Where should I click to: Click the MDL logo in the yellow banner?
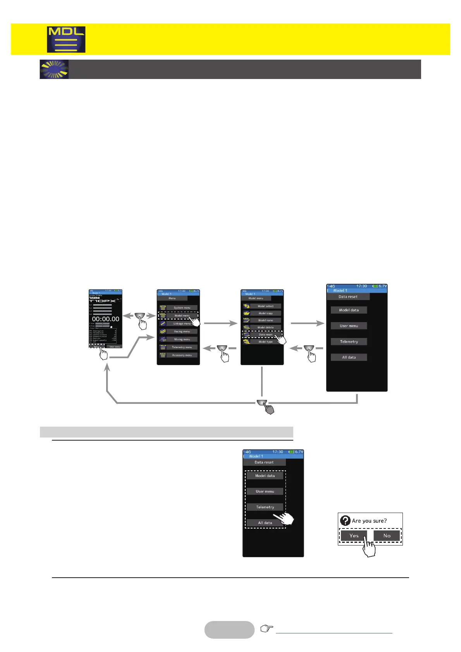[x=66, y=39]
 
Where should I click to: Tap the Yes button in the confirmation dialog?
[x=354, y=535]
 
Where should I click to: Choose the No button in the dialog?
[x=387, y=535]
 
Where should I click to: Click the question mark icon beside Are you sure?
[x=345, y=521]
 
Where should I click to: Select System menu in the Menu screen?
[x=182, y=308]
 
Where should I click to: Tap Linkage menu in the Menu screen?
[x=182, y=323]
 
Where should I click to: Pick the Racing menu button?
[x=182, y=331]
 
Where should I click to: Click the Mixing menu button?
[x=182, y=339]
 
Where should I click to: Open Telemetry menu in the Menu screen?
[x=182, y=347]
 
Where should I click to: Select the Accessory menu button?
[x=182, y=355]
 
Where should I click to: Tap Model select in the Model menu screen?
[x=265, y=306]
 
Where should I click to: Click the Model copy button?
[x=265, y=313]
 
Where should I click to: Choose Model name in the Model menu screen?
[x=265, y=320]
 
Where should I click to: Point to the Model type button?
[x=265, y=341]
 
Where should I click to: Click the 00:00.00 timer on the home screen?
[x=105, y=319]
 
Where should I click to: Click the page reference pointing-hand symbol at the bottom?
[x=267, y=628]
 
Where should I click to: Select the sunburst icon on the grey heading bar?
[x=54, y=69]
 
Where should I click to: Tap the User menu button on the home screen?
[x=114, y=347]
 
